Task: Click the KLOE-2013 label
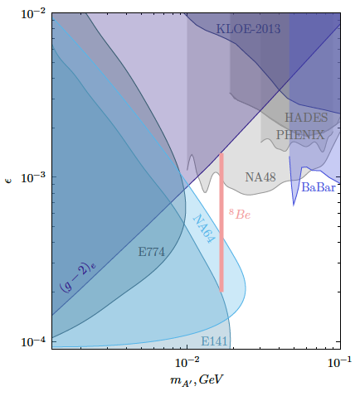248,29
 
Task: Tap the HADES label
306,118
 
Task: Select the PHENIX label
300,135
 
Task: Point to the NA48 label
260,177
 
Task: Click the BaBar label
319,187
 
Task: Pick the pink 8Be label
240,214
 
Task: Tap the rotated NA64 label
204,229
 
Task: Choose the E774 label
151,252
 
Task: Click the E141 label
214,341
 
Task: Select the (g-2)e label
78,278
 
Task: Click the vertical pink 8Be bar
221,223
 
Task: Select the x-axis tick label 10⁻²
187,362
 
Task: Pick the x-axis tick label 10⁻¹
339,362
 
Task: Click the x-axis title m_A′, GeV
197,380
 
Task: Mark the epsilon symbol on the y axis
8,180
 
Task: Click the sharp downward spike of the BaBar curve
294,205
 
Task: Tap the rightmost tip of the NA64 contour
246,286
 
